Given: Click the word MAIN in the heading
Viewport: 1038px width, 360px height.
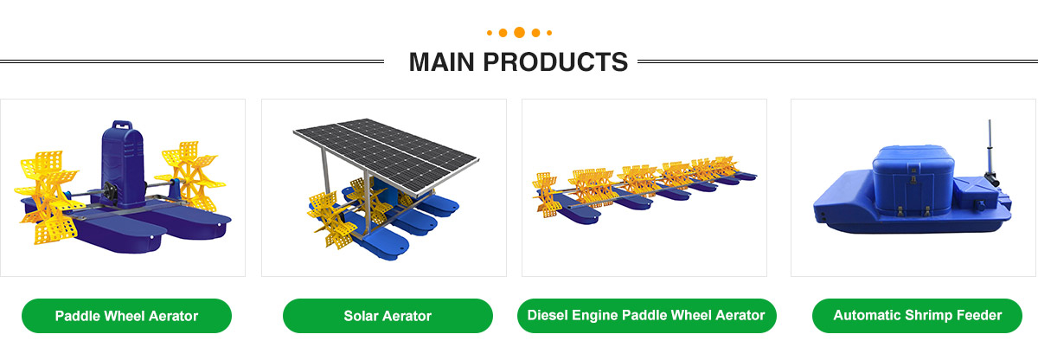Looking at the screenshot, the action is point(442,62).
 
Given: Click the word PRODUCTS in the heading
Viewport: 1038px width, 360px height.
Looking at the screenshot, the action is point(555,62).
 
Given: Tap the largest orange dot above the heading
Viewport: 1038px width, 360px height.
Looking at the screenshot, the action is point(520,32).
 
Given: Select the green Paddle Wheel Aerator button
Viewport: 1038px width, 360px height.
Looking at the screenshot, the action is point(126,316).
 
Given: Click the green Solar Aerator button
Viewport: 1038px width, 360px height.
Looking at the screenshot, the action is point(388,316).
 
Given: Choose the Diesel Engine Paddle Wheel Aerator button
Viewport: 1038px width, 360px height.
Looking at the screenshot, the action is point(646,316).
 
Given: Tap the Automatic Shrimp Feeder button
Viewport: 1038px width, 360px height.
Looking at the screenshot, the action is point(917,316).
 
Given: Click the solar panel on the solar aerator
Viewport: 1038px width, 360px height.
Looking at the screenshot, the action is point(386,153).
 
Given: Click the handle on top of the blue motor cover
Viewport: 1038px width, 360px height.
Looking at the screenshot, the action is point(122,125).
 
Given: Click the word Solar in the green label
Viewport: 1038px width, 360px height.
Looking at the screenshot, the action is point(361,316).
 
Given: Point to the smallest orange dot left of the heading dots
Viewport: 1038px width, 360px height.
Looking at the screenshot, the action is point(490,33).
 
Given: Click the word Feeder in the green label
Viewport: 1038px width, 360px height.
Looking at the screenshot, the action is point(979,315).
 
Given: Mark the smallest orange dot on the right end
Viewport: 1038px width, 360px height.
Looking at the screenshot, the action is point(549,33).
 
